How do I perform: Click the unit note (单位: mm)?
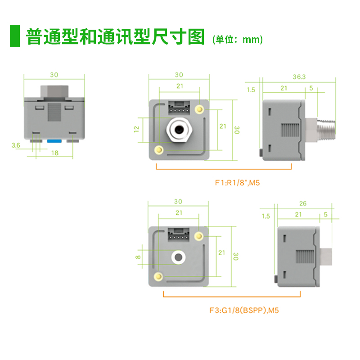pyautogui.click(x=237, y=40)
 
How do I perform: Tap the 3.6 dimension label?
pyautogui.click(x=15, y=145)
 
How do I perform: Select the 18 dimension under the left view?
pyautogui.click(x=54, y=153)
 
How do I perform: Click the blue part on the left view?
pyautogui.click(x=54, y=141)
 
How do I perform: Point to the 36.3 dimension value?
pyautogui.click(x=299, y=77)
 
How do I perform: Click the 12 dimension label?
pyautogui.click(x=137, y=129)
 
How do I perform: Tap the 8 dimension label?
pyautogui.click(x=138, y=257)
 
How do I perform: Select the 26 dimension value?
pyautogui.click(x=302, y=204)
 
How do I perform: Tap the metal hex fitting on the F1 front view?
pyautogui.click(x=179, y=130)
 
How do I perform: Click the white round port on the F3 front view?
pyautogui.click(x=179, y=257)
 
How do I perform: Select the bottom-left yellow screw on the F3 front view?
pyautogui.click(x=158, y=276)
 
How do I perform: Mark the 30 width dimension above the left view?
pyautogui.click(x=54, y=75)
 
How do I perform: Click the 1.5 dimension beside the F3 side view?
pyautogui.click(x=265, y=216)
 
